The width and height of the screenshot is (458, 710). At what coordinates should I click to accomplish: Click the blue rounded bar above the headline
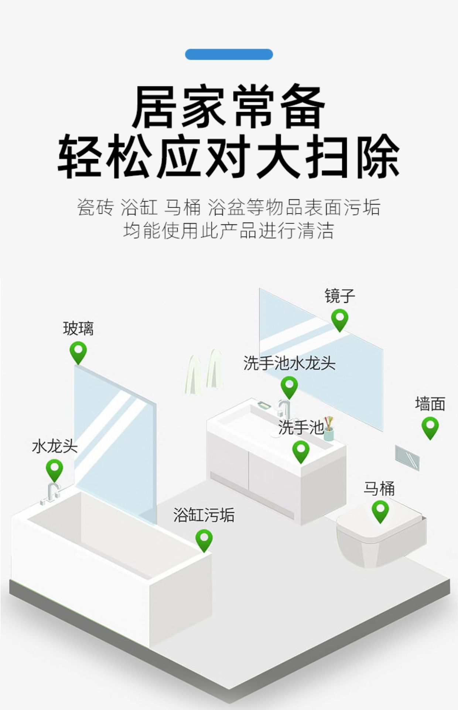229,54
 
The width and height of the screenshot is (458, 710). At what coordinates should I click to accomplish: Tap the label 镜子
339,296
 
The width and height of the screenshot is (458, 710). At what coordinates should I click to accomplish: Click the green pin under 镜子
339,319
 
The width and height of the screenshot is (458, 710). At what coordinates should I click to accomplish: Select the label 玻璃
78,328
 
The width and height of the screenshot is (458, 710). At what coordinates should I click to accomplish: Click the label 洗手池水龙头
289,364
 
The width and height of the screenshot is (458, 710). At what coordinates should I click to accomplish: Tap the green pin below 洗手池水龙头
289,386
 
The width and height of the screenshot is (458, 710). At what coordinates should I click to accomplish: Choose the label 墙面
430,404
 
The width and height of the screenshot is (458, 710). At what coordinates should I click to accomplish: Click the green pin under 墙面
430,427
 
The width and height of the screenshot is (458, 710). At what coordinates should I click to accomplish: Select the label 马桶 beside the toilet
379,488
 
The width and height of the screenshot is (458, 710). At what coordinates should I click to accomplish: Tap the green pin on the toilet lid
380,511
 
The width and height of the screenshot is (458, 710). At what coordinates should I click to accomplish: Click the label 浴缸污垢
204,515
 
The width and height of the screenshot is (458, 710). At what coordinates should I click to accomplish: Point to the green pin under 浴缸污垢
204,540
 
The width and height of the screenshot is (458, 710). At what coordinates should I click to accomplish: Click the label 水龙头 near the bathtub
55,446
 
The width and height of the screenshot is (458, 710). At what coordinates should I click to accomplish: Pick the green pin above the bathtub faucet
55,470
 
